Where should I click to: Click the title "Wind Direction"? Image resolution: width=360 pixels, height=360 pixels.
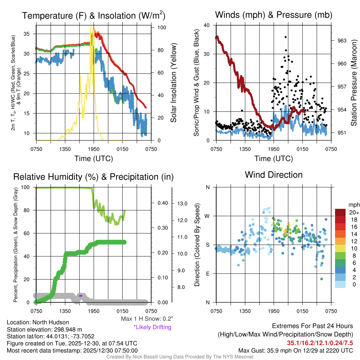tap(274, 175)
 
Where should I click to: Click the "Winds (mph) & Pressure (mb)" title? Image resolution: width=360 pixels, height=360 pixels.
tap(274, 15)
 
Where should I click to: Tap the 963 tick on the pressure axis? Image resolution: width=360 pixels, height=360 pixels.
tap(342, 40)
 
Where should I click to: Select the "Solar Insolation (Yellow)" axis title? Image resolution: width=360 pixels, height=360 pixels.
tap(173, 83)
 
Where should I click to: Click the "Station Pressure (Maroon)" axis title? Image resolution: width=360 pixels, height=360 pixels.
tap(354, 83)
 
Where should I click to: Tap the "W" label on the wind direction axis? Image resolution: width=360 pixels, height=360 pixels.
tap(207, 216)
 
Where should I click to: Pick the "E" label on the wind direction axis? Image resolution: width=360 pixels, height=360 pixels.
tap(208, 274)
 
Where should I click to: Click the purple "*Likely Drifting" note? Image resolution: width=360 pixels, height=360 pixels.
tap(152, 327)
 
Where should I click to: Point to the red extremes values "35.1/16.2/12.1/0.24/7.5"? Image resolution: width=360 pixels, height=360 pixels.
tap(320, 343)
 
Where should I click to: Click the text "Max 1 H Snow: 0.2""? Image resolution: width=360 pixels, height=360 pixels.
tap(147, 319)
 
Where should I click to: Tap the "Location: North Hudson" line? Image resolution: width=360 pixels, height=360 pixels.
tap(38, 322)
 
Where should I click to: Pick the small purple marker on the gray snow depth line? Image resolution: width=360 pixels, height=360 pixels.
tap(81, 296)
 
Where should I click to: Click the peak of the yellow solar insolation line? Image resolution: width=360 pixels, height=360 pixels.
tap(91, 27)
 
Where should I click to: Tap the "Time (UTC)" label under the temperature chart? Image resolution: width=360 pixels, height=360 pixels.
tap(94, 159)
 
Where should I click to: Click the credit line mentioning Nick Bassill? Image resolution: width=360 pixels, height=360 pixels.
tap(180, 357)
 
